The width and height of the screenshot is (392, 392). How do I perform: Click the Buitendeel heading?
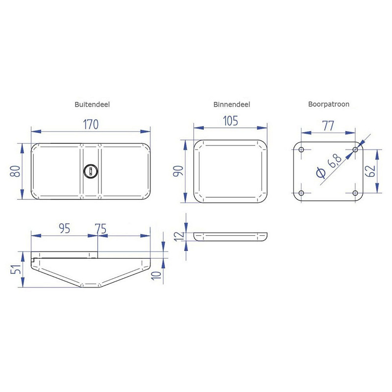pos(92,104)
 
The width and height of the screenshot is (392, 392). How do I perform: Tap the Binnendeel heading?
pos(231,104)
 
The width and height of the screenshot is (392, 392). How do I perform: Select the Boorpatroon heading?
pos(328,104)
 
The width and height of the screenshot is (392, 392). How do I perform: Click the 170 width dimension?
pos(91,124)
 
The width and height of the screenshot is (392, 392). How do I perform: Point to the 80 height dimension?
pos(15,171)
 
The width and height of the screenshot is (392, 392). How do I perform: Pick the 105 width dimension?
pos(230,121)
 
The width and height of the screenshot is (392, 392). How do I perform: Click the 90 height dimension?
pos(178,171)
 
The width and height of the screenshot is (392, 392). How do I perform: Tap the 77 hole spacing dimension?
pos(328,126)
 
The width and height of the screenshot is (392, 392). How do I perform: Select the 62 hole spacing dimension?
pos(370,171)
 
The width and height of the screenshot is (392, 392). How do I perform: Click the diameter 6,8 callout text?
pos(329,166)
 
